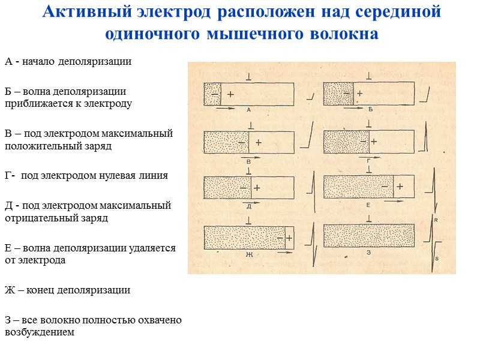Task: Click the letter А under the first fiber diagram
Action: (248, 110)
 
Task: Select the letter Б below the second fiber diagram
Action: (371, 110)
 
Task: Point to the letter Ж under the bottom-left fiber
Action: (247, 254)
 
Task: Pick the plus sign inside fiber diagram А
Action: (230, 95)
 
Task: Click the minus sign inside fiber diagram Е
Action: (384, 187)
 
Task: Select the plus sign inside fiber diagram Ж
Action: (289, 238)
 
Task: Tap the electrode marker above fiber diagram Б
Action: (368, 77)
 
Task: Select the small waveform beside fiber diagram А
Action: (311, 96)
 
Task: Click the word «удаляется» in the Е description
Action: (156, 248)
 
